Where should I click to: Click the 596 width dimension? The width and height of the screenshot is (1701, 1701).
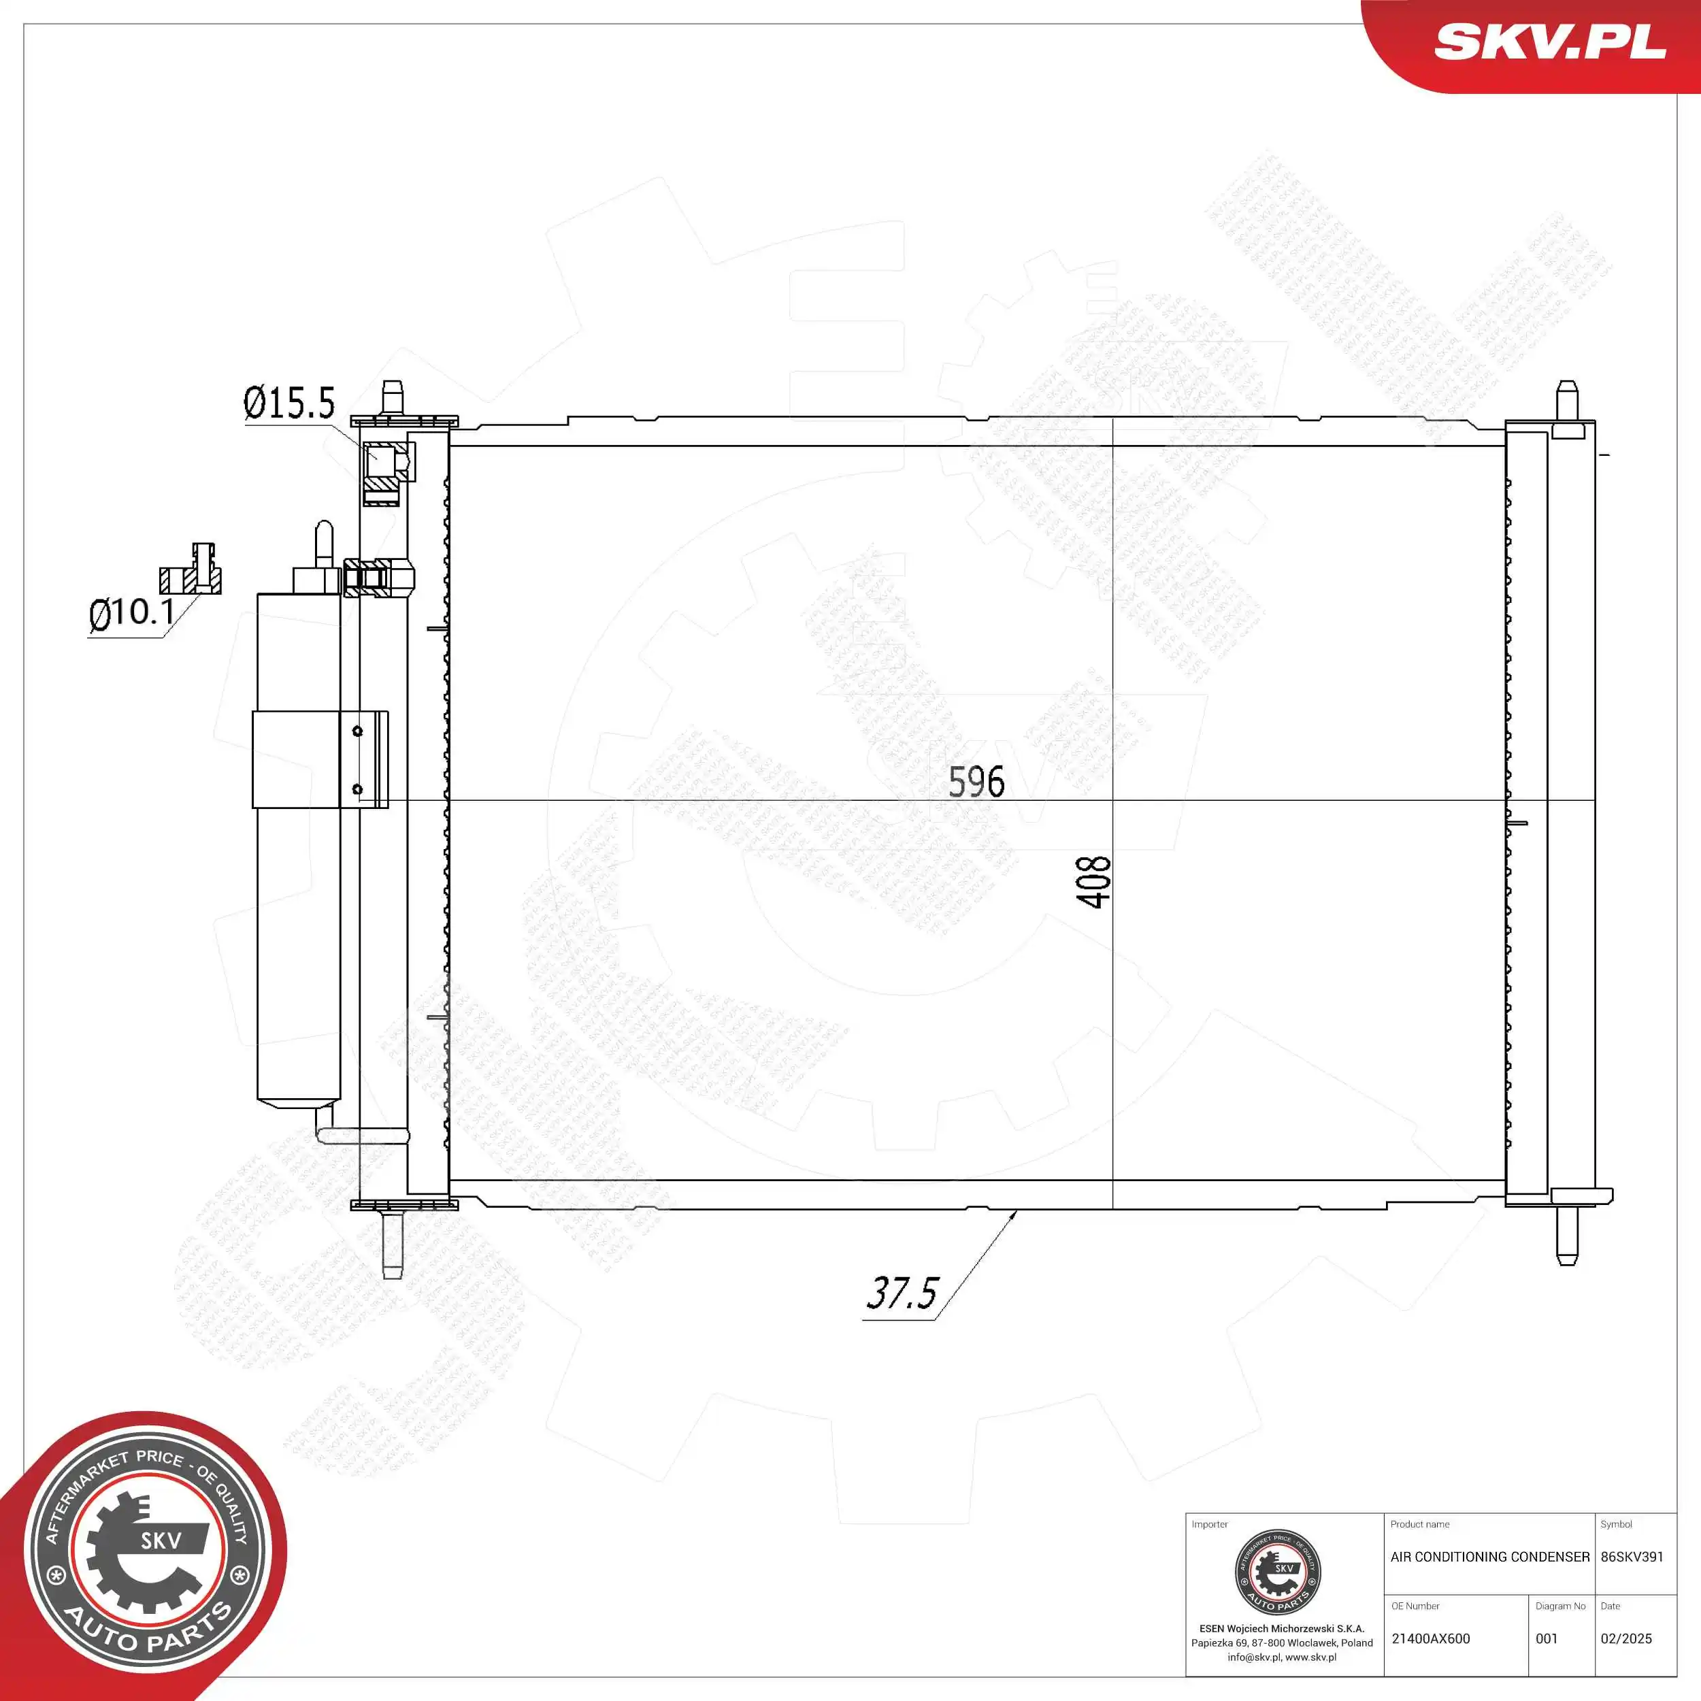tap(976, 782)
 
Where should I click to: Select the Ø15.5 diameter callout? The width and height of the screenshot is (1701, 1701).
tap(288, 403)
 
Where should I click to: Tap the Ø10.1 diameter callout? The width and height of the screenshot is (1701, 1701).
tap(131, 612)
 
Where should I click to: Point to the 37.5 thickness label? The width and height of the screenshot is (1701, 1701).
tap(902, 1293)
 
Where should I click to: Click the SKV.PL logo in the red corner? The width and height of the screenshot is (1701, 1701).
tap(1549, 42)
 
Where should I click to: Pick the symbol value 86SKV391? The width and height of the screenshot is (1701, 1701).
tap(1632, 1557)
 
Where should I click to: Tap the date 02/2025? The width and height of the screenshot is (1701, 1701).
tap(1626, 1638)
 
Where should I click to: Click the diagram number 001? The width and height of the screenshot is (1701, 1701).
tap(1547, 1638)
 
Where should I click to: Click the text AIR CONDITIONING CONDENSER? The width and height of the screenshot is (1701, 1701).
tap(1489, 1557)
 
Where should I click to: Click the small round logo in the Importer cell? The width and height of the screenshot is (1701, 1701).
tap(1278, 1572)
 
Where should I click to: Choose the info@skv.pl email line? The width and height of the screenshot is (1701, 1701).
tap(1281, 1657)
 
